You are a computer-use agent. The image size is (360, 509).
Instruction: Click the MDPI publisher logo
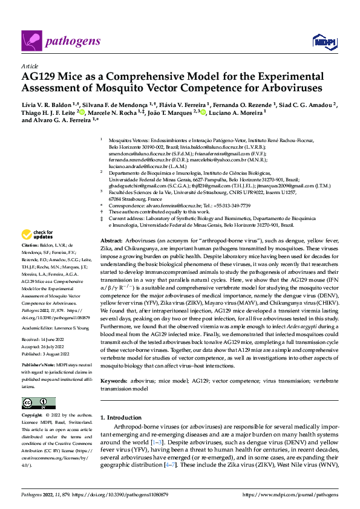tap(322, 41)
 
